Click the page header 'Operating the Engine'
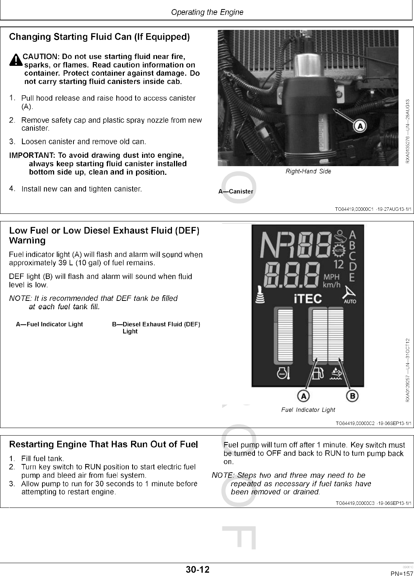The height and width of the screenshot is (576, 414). [x=207, y=12]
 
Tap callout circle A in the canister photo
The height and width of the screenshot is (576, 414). [x=359, y=125]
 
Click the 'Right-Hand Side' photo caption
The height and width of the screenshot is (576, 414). [x=308, y=171]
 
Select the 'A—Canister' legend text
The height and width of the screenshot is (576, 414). [x=236, y=191]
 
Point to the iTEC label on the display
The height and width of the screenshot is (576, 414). [x=308, y=299]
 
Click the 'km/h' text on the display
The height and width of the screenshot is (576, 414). [x=332, y=284]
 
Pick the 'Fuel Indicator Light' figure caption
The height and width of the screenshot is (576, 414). [x=308, y=410]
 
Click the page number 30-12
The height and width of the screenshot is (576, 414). [x=197, y=570]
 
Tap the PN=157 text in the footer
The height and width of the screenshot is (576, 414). [x=402, y=573]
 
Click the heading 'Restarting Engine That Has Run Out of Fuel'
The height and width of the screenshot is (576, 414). [x=103, y=444]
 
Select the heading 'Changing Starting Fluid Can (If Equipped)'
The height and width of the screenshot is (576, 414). [x=99, y=37]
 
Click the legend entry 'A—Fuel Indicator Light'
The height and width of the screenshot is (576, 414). [x=49, y=324]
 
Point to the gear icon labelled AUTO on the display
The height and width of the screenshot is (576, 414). [x=339, y=252]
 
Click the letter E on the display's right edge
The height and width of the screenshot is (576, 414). [x=352, y=278]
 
